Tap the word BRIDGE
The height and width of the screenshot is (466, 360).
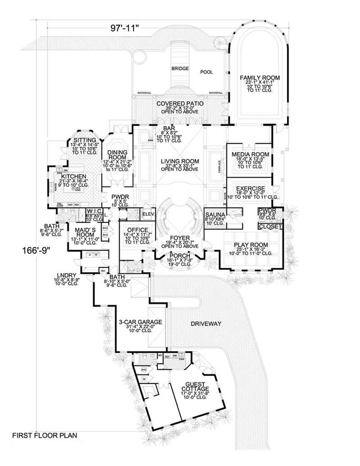pos(180,68)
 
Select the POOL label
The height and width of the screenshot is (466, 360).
pos(206,72)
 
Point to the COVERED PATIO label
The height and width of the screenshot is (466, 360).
pos(180,104)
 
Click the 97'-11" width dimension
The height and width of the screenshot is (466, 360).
pos(125,29)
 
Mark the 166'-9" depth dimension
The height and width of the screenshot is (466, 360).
pos(35,249)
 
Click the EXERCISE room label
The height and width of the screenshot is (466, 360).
pos(251,188)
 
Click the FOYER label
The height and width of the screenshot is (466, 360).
pos(180,238)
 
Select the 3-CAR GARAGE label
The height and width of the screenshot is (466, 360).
pos(140,322)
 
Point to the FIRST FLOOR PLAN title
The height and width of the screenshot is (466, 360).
pos(45,435)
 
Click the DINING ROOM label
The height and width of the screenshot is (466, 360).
pos(117,155)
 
